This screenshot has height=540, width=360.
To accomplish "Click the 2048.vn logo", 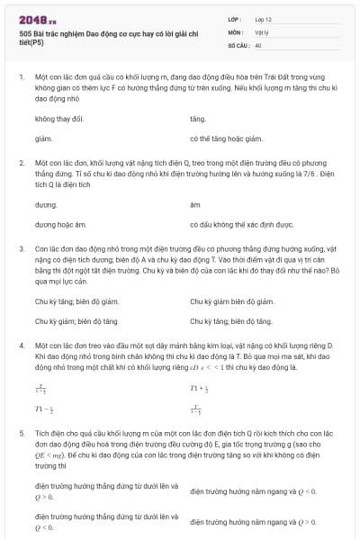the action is point(38,16).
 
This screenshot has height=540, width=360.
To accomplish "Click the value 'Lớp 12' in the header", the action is point(264,19).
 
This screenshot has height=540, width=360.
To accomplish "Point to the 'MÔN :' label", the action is point(235,31).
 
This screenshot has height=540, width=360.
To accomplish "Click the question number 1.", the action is point(21,78).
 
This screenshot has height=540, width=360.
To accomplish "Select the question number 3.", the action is point(21,246).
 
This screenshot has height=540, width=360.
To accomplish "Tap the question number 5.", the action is point(21,432).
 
